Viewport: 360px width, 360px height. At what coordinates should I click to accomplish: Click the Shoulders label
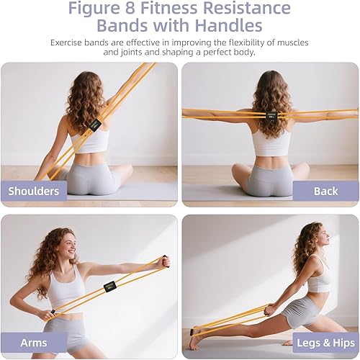coord(34,191)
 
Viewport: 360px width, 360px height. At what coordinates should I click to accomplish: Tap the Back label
coord(325,191)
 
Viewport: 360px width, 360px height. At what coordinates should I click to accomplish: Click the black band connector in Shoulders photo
coord(94,125)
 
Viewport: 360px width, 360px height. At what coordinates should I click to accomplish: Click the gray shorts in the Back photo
coord(270,180)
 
